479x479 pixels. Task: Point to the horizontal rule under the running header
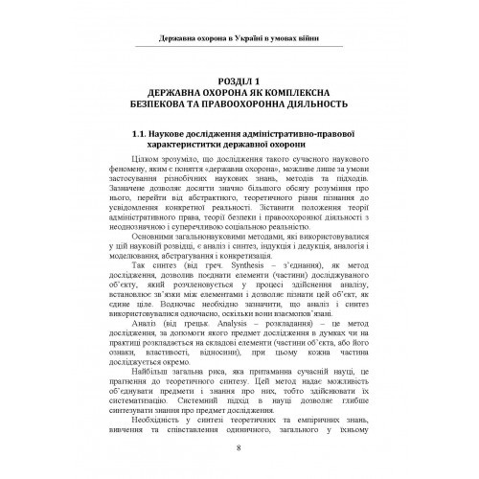(x=239, y=49)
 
